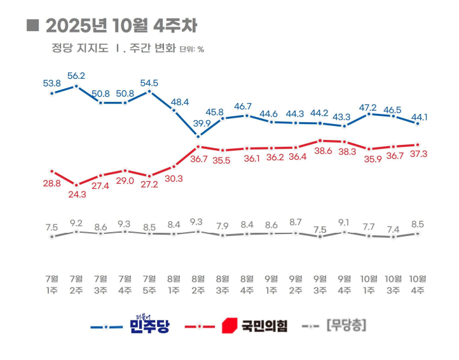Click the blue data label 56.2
click(76, 76)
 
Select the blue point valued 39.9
click(198, 137)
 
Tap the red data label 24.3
click(78, 195)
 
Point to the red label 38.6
click(323, 151)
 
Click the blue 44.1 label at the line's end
click(420, 117)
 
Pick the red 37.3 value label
click(418, 154)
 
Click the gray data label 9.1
click(344, 223)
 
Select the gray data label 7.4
click(393, 230)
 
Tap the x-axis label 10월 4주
click(418, 284)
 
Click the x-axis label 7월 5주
click(149, 284)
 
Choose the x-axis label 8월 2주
click(198, 284)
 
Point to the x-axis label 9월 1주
click(271, 284)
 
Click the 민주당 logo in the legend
click(149, 324)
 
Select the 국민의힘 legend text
click(264, 326)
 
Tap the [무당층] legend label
click(346, 325)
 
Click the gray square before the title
click(33, 25)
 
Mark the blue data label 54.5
click(149, 83)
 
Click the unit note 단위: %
click(192, 50)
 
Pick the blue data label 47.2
click(368, 107)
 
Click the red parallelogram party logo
click(229, 326)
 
